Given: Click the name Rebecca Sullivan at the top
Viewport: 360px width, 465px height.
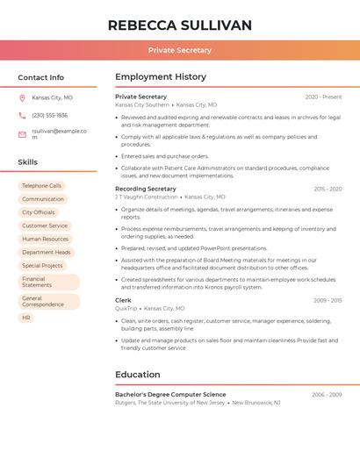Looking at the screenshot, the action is (179, 25).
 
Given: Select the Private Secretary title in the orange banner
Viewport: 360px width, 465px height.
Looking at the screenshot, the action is (179, 50).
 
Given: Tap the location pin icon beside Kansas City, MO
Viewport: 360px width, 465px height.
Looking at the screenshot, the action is (22, 97).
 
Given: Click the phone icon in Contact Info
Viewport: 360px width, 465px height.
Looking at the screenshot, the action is (22, 115).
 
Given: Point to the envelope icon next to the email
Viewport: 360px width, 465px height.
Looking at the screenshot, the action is (22, 134).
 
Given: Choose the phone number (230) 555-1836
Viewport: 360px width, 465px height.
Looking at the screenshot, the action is (49, 115).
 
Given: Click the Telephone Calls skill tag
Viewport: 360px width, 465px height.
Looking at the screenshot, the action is (41, 186).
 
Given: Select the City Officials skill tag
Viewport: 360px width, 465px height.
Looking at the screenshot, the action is (38, 212).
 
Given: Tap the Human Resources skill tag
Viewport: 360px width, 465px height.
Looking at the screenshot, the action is (45, 239).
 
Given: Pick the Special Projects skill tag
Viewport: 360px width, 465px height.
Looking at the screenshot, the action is (42, 265).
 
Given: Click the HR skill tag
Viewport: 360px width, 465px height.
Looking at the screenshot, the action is (26, 318).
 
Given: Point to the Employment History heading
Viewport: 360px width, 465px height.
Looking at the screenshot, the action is (161, 77).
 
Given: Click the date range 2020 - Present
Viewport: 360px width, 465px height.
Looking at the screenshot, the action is (323, 97).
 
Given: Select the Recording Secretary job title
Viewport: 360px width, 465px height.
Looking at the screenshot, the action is (145, 189).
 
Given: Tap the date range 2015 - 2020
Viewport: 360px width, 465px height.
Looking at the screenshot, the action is (328, 189).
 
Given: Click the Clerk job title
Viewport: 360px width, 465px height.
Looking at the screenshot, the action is (123, 300).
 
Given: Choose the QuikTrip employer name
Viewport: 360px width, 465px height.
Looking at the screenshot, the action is (126, 309).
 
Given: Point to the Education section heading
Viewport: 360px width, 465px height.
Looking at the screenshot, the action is (137, 375).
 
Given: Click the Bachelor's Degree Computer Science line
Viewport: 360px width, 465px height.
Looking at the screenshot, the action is (170, 395).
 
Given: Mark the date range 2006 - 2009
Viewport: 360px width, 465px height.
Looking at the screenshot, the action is (327, 395).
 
